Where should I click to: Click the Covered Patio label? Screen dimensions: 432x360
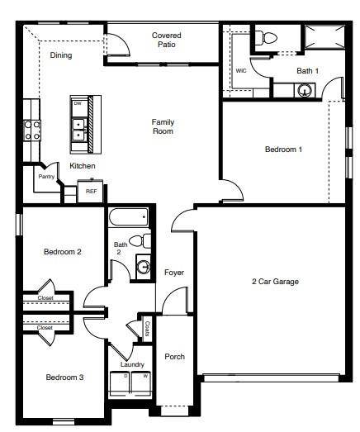[x=167, y=40]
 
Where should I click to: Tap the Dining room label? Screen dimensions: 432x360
[x=61, y=56]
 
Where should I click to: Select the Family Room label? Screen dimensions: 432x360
[x=163, y=126]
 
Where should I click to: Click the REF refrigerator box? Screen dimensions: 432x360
[x=91, y=191]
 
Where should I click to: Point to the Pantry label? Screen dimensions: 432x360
[x=46, y=176]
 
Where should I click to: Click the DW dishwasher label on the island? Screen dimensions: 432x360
[x=78, y=104]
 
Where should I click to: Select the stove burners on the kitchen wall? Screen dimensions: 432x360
[x=31, y=130]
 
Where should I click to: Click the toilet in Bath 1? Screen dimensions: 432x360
[x=267, y=37]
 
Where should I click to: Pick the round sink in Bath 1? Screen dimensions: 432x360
[x=306, y=90]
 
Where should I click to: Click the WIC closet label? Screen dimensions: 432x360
[x=241, y=71]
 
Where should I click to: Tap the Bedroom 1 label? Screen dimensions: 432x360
[x=283, y=150]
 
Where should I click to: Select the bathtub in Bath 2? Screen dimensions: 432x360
[x=129, y=217]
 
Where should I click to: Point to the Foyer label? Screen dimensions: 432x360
[x=174, y=273]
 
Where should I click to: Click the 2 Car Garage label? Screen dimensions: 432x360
[x=275, y=282]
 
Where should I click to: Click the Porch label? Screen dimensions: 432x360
[x=174, y=357]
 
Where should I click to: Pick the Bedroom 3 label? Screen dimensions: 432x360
[x=64, y=377]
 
